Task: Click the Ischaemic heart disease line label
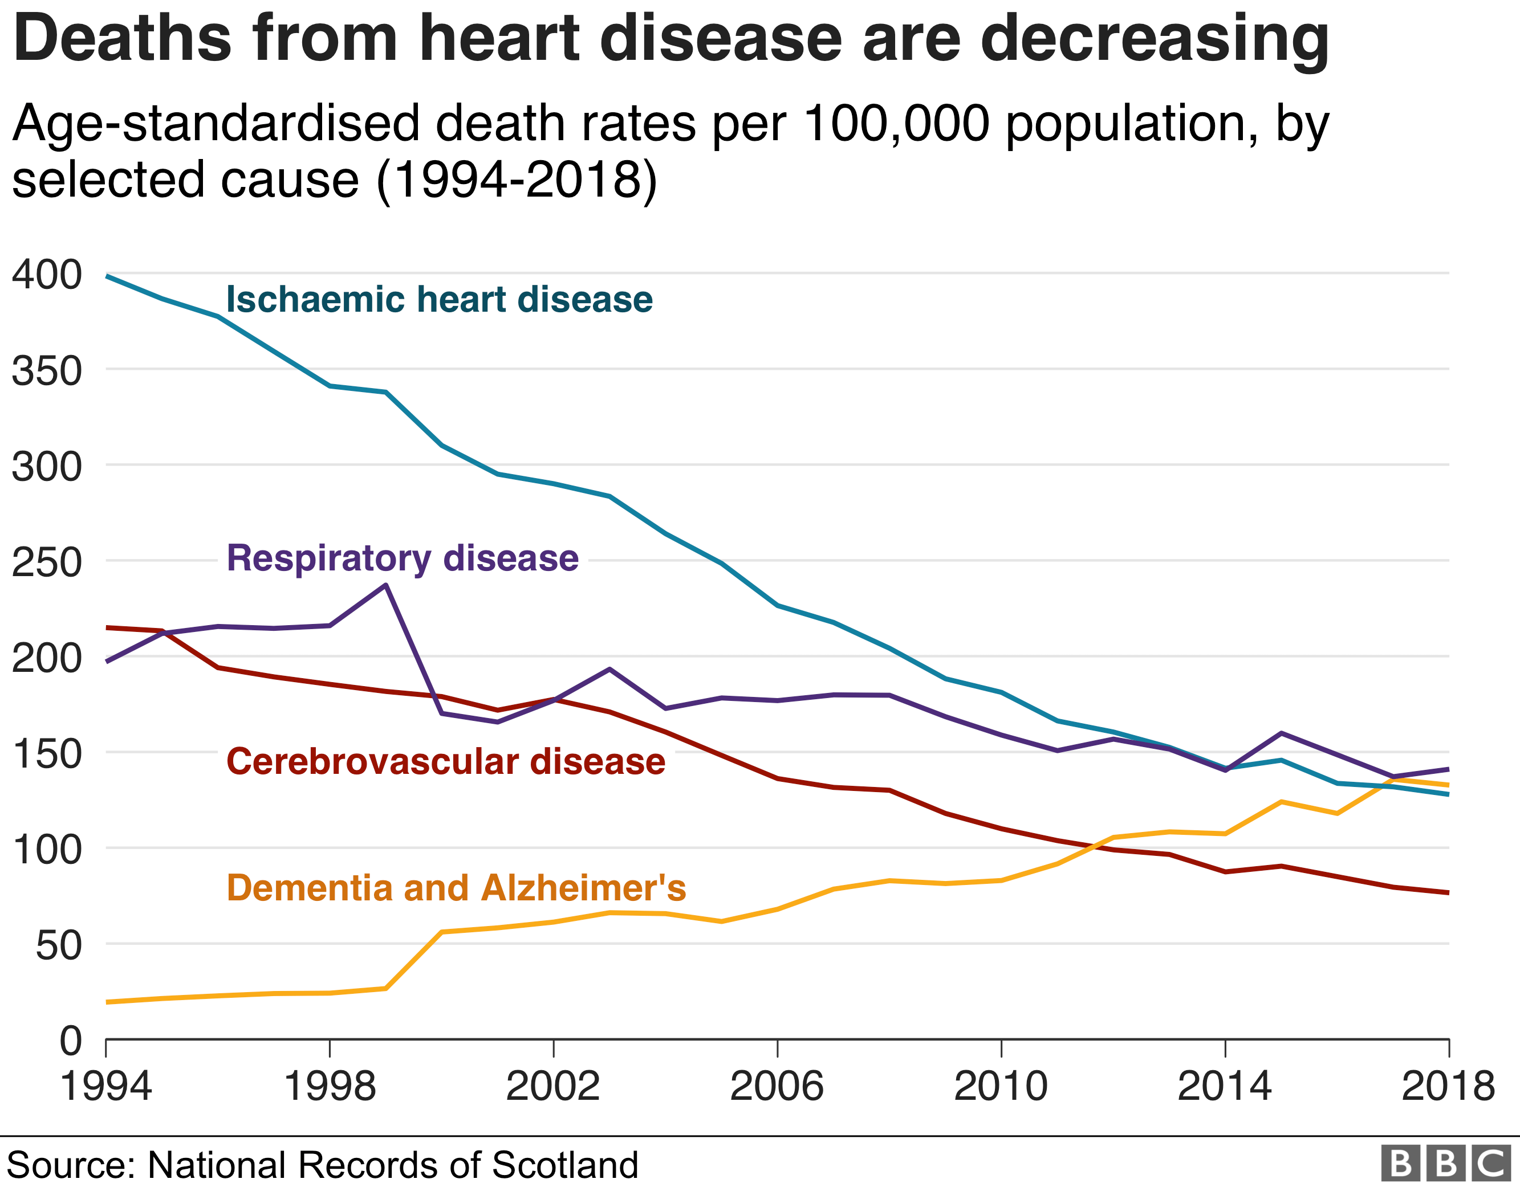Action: (x=439, y=300)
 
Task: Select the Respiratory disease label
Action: (x=403, y=558)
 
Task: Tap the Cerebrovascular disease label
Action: (x=445, y=762)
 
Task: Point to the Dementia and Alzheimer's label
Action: (x=456, y=888)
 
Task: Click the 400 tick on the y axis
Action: (x=47, y=275)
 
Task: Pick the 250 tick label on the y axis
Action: (x=47, y=562)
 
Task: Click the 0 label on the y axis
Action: (x=70, y=1042)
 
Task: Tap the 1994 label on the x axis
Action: (x=106, y=1086)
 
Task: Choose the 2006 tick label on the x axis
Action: (x=777, y=1086)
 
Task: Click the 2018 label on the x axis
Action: (x=1448, y=1086)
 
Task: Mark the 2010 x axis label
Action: (x=1000, y=1086)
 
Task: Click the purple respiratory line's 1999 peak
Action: (x=385, y=585)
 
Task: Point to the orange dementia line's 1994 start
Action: (x=107, y=1002)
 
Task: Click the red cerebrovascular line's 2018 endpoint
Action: (x=1448, y=893)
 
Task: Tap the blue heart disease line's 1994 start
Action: (x=107, y=276)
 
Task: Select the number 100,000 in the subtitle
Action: (x=896, y=124)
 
